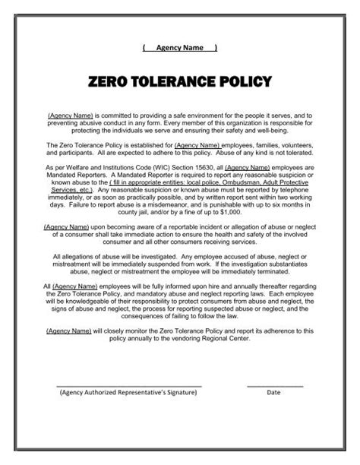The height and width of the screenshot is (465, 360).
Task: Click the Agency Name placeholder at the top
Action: point(179,48)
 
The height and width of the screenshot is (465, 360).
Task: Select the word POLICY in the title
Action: point(245,81)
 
